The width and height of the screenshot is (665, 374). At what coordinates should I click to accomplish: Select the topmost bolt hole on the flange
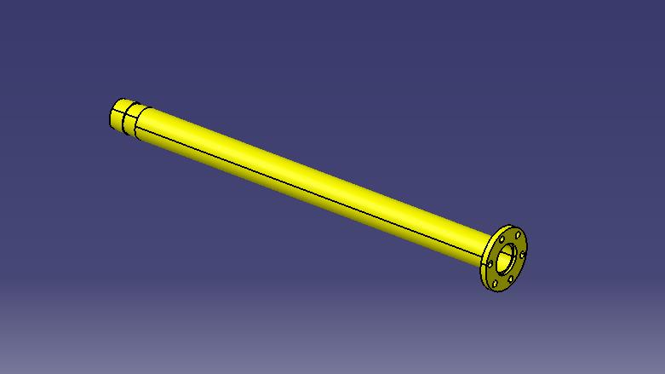pyautogui.click(x=518, y=235)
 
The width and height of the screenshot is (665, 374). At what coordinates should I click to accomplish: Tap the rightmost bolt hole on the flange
pyautogui.click(x=522, y=255)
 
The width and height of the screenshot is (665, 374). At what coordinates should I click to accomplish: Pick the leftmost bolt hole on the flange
pyautogui.click(x=490, y=264)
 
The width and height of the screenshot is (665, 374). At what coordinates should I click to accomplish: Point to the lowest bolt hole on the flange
pyautogui.click(x=495, y=284)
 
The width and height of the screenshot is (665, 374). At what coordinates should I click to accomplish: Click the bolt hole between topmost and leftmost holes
pyautogui.click(x=502, y=239)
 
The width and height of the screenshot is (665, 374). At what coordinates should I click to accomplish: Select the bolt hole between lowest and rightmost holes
pyautogui.click(x=511, y=279)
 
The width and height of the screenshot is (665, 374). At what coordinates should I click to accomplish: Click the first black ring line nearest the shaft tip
pyautogui.click(x=123, y=123)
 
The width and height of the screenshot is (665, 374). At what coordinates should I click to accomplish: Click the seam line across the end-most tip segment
pyautogui.click(x=117, y=111)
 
